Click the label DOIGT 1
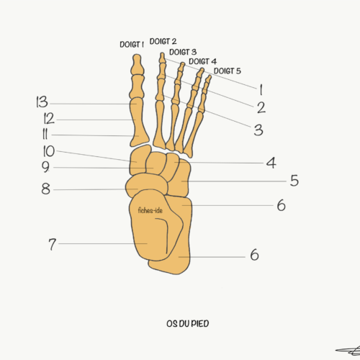pyautogui.click(x=132, y=45)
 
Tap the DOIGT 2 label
pyautogui.click(x=163, y=41)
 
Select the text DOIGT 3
pyautogui.click(x=183, y=52)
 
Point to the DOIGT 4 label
pyautogui.click(x=202, y=61)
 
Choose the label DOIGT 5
pyautogui.click(x=228, y=71)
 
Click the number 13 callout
pyautogui.click(x=42, y=102)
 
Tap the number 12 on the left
pyautogui.click(x=49, y=118)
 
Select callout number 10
pyautogui.click(x=49, y=151)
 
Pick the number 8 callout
pyautogui.click(x=45, y=189)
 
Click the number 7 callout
pyautogui.click(x=53, y=244)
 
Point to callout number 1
pyautogui.click(x=261, y=90)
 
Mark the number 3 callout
pyautogui.click(x=258, y=130)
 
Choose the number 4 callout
pyautogui.click(x=271, y=163)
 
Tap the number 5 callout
pyautogui.click(x=294, y=181)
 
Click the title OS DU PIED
pyautogui.click(x=188, y=323)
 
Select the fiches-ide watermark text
pyautogui.click(x=150, y=210)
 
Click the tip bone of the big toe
pyautogui.click(x=138, y=64)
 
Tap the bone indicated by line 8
pyautogui.click(x=146, y=185)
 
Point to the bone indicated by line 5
pyautogui.click(x=179, y=178)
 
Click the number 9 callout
pyautogui.click(x=45, y=167)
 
